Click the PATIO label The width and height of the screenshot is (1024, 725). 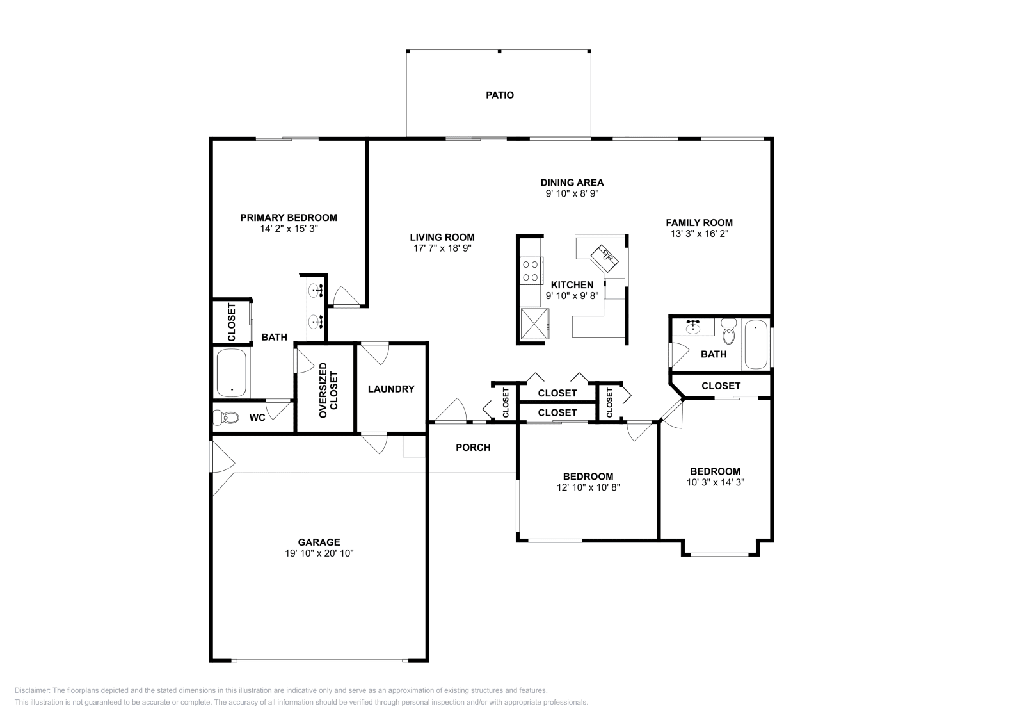[x=499, y=95]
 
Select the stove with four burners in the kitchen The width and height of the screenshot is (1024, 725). [x=531, y=269]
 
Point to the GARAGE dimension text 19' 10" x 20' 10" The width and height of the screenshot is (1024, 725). [x=319, y=553]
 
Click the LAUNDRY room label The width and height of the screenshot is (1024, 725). [x=391, y=389]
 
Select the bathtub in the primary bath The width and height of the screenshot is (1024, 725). [x=231, y=373]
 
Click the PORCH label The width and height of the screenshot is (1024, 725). [x=473, y=447]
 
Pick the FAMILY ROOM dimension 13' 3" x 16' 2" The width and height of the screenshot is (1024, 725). [x=699, y=234]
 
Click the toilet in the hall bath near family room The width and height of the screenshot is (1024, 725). [x=728, y=333]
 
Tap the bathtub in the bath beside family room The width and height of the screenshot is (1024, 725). [x=756, y=345]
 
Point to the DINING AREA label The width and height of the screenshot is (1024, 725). [x=572, y=183]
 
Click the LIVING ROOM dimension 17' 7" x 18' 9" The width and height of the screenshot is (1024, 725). [x=442, y=248]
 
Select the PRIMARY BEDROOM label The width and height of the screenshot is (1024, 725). [x=289, y=218]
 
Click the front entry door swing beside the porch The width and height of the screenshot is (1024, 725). [x=451, y=411]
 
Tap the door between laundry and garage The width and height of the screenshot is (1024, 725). [x=374, y=443]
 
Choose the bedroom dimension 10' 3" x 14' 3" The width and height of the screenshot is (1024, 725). [x=715, y=482]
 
